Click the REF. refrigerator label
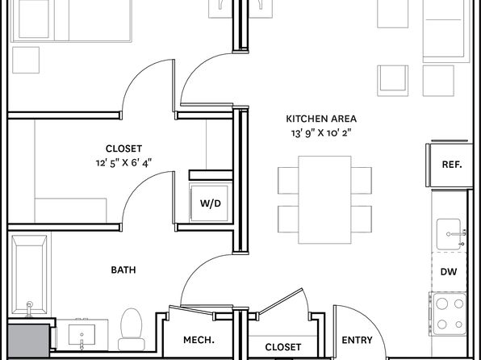tap(452, 165)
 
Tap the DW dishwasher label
tap(449, 271)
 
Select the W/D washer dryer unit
tap(211, 203)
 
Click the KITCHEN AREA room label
tap(321, 119)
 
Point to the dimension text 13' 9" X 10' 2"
tap(321, 133)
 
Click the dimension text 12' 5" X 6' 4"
tap(123, 163)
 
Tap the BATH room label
tap(123, 270)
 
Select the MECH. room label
tap(199, 340)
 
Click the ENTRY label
tap(357, 340)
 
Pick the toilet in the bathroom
tap(132, 329)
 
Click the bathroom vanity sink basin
tap(82, 334)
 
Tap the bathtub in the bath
tap(29, 275)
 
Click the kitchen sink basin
tap(449, 234)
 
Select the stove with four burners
tap(449, 314)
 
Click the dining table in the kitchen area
tap(324, 199)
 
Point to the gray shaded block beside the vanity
tap(28, 341)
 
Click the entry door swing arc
tap(368, 319)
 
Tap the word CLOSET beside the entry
tap(282, 347)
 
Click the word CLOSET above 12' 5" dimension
tap(123, 149)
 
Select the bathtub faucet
tap(29, 308)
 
